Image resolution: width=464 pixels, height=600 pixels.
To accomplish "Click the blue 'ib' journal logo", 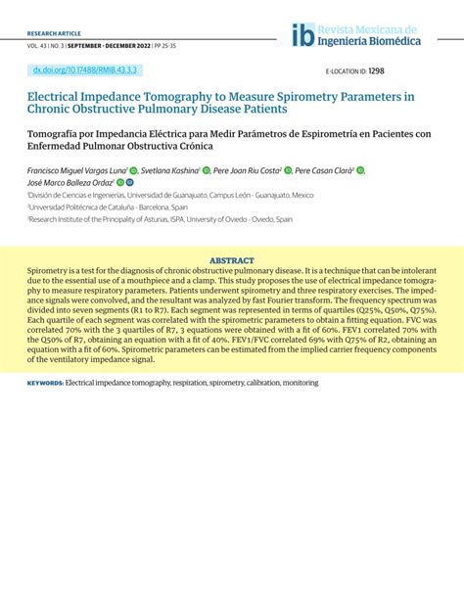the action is [302, 35].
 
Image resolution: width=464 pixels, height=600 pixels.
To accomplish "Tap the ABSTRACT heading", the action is [232, 260].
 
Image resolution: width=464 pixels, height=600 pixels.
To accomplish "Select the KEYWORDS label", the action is [45, 399].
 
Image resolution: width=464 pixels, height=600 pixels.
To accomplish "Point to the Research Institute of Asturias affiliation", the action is [137, 220].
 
